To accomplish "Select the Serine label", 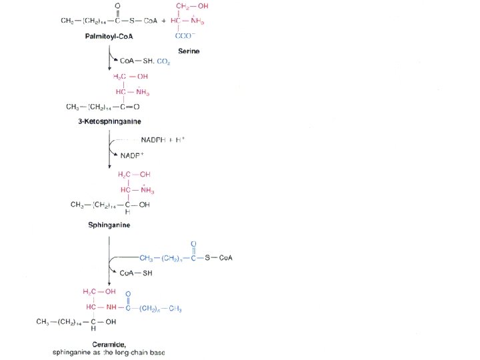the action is tap(189, 51).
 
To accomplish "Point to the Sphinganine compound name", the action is tap(109, 225).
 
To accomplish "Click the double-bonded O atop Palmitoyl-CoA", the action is tap(118, 6).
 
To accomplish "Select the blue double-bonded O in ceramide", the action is tap(128, 293).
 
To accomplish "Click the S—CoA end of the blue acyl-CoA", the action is tap(217, 257).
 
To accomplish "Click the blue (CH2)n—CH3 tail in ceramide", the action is tap(160, 307).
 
